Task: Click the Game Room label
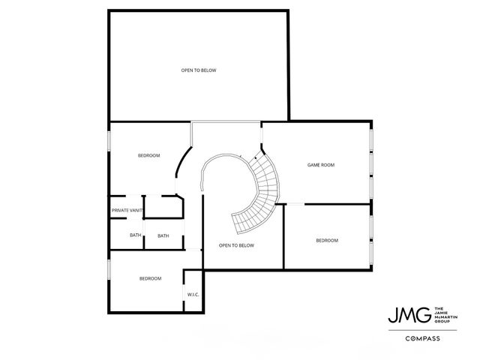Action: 320,164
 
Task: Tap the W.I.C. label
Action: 192,294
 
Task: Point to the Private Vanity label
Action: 127,210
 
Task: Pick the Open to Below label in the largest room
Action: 199,70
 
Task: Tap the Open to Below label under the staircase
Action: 236,245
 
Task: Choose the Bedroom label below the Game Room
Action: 326,241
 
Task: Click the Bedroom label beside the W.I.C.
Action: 150,278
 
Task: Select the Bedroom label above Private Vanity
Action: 148,155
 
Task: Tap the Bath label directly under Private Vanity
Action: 135,235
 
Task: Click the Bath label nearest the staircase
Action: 163,235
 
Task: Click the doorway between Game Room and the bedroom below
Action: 296,204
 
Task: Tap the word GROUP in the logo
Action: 442,319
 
